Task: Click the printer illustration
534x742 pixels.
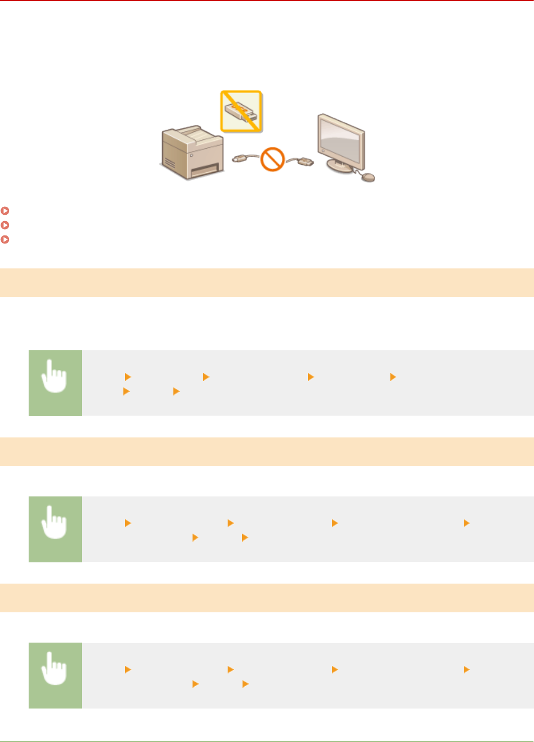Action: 192,152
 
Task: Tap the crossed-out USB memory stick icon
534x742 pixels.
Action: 241,111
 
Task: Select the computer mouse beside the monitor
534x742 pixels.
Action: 368,177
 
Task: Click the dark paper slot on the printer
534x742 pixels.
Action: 205,171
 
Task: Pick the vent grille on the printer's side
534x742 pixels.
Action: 169,162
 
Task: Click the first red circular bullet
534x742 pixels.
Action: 5,211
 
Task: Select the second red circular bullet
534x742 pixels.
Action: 5,225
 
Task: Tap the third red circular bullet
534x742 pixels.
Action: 5,240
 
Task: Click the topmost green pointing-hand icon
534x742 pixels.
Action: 55,383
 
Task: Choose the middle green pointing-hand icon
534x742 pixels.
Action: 55,529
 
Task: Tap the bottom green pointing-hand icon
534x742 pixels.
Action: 55,675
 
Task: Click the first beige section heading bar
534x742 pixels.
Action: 267,283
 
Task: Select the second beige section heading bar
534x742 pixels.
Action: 267,452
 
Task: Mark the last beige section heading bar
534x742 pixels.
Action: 267,598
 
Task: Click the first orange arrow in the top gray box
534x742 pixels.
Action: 128,377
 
